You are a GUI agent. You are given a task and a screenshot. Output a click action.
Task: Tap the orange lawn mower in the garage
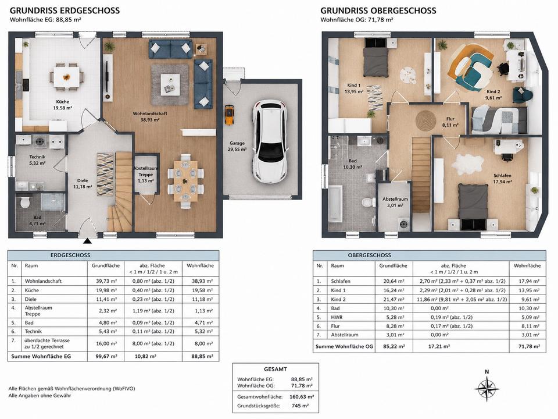pyautogui.click(x=230, y=115)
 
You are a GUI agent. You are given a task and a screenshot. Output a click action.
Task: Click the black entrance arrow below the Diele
pyautogui.click(x=87, y=241)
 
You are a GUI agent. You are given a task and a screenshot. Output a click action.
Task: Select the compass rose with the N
pyautogui.click(x=487, y=388)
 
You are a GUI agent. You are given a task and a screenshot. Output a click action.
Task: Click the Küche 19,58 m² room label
pyautogui.click(x=63, y=105)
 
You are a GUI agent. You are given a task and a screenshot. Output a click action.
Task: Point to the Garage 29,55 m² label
pyautogui.click(x=237, y=147)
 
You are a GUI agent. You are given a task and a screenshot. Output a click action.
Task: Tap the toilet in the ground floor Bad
pyautogui.click(x=25, y=203)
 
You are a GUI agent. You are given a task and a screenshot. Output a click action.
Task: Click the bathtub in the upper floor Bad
pyautogui.click(x=335, y=203)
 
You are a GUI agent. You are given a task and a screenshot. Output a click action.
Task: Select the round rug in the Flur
pyautogui.click(x=426, y=120)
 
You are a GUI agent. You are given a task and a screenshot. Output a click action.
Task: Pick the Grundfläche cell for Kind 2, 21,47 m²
pyautogui.click(x=394, y=299)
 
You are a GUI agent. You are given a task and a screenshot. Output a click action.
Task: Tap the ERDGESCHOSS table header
pyautogui.click(x=70, y=255)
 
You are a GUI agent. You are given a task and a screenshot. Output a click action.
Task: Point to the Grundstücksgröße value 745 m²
pyautogui.click(x=300, y=406)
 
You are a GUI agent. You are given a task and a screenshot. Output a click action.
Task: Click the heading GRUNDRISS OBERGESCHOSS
pyautogui.click(x=378, y=10)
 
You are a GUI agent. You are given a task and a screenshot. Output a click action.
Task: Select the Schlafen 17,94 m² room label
pyautogui.click(x=502, y=179)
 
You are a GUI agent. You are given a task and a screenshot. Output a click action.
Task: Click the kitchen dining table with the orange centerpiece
pyautogui.click(x=66, y=76)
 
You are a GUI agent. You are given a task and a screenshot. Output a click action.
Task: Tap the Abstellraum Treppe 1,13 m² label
pyautogui.click(x=146, y=175)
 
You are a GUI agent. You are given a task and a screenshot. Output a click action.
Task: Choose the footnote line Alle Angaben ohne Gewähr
pyautogui.click(x=40, y=396)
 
